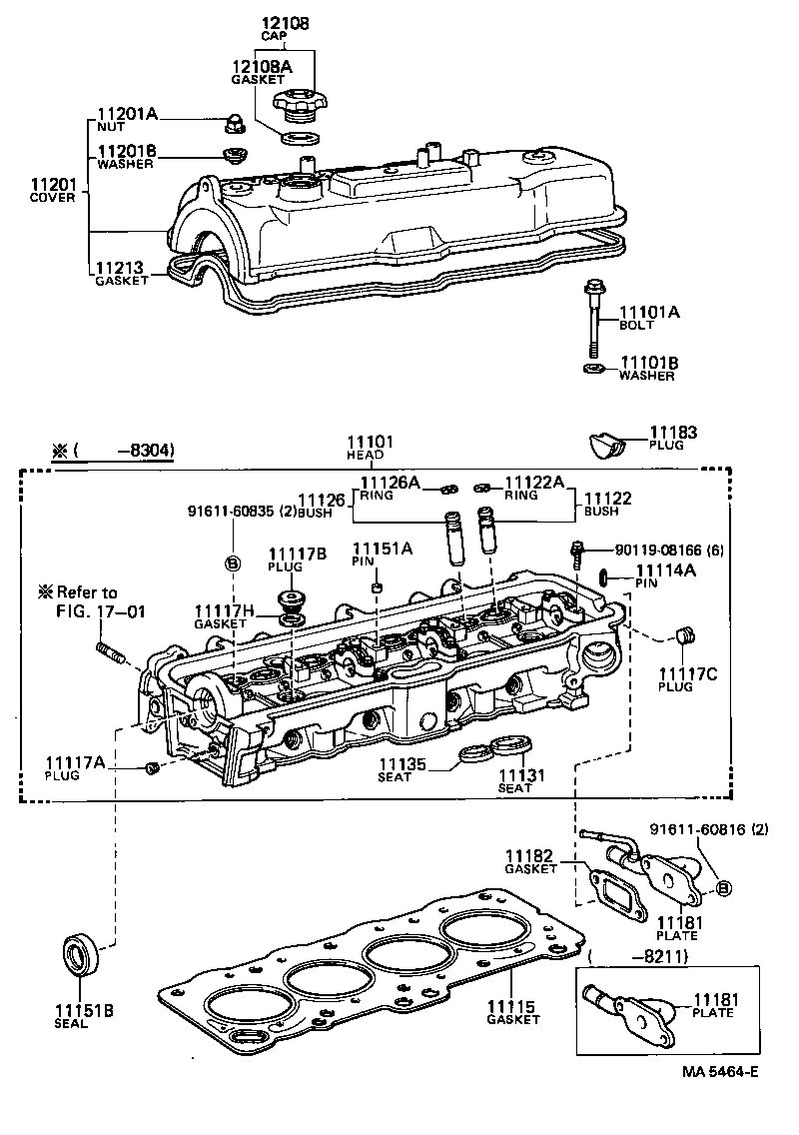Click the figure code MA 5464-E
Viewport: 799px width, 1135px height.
pos(721,1072)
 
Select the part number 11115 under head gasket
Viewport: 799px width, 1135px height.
pos(511,1006)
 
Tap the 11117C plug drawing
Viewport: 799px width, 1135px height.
pos(685,636)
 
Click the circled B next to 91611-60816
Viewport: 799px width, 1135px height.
pos(724,886)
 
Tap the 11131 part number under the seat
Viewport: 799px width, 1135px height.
pos(519,775)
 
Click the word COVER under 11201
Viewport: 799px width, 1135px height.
pos(51,198)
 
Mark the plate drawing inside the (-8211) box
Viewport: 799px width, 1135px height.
pos(629,1011)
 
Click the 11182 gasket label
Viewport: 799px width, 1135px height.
pos(528,856)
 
